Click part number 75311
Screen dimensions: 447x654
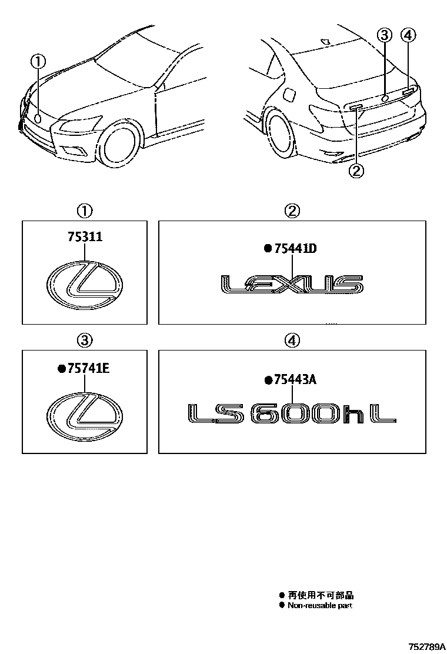tap(85, 237)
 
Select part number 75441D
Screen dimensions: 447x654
tap(296, 249)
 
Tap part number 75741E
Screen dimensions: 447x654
tap(88, 368)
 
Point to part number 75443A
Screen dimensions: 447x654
tap(295, 380)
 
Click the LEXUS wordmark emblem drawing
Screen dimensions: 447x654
tap(292, 284)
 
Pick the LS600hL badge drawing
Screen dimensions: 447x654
tap(292, 414)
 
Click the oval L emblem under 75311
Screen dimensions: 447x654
tap(85, 286)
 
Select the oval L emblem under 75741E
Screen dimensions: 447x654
tap(85, 415)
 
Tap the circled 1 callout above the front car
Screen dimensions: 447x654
tap(38, 62)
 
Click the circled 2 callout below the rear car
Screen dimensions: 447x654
tap(356, 171)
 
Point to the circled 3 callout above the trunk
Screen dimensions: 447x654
tap(385, 35)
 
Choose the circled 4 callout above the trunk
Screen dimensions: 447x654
tap(408, 35)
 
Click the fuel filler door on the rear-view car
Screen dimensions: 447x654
tap(289, 95)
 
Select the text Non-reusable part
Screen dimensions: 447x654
tap(320, 605)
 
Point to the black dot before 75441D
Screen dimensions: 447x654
tap(268, 249)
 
